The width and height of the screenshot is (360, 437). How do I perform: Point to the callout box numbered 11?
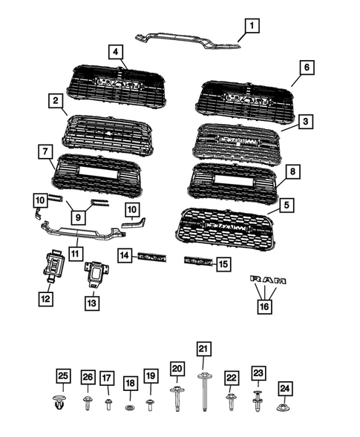pos(75,253)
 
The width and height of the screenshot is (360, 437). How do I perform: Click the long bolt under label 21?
pos(203,392)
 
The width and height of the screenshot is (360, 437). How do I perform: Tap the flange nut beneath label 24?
pos(284,407)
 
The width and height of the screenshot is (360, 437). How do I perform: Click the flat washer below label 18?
pos(130,407)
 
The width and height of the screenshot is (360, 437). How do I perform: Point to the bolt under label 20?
pos(177,398)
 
